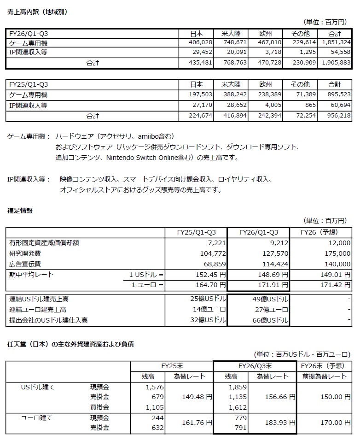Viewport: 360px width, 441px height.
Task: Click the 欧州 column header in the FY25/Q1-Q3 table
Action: coord(266,85)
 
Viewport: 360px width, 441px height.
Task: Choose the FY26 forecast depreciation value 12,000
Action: coord(340,243)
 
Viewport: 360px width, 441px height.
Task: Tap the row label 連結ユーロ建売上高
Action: coord(38,310)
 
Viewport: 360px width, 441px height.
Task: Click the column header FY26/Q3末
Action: coord(255,366)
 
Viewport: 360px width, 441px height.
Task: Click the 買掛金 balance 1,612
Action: coord(238,407)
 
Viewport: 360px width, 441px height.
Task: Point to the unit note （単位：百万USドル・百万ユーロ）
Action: coord(302,354)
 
